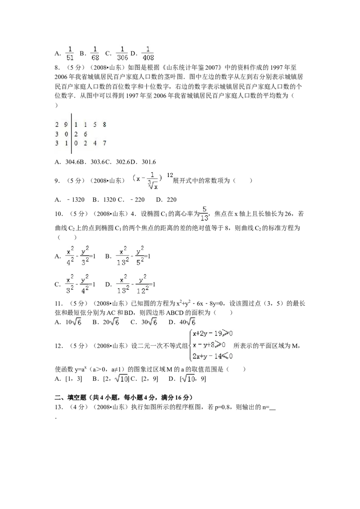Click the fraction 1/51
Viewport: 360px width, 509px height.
(70, 53)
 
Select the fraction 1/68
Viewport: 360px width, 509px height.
(95, 53)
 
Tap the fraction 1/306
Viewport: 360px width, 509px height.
(122, 53)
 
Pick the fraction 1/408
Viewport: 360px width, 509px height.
(148, 53)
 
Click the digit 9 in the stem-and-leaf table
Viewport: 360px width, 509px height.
(66, 125)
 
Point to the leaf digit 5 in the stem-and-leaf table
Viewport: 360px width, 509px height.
(94, 125)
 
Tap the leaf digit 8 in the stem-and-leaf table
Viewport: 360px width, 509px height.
(104, 125)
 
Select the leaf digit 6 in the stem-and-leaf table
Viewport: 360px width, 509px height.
(85, 134)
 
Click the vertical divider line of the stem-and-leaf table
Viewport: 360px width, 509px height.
(72, 133)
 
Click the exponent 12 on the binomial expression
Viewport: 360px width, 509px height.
(171, 174)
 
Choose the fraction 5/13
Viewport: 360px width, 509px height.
(204, 214)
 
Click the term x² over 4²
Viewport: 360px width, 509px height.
(70, 255)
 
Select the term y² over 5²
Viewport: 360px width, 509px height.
(141, 255)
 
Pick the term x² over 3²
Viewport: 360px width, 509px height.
(69, 283)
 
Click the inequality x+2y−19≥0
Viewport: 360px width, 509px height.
(211, 334)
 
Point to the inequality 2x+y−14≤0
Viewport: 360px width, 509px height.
(211, 356)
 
